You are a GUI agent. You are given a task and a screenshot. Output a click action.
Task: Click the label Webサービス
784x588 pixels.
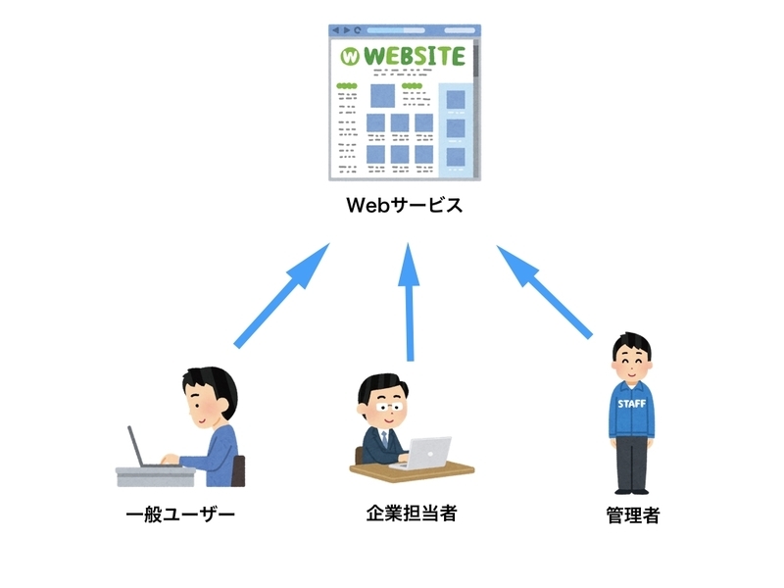coord(403,207)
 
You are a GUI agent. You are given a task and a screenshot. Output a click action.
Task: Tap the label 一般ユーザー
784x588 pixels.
coord(181,514)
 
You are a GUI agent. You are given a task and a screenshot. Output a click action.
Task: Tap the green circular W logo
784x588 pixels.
coord(349,57)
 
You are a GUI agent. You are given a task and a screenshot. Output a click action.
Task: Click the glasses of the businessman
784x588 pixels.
coord(389,402)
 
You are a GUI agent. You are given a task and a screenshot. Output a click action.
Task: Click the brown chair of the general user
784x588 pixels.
coord(239,472)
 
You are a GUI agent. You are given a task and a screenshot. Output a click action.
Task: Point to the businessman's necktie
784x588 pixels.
coord(382,433)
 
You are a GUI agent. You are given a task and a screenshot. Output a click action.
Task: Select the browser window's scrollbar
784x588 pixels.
coord(476,59)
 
